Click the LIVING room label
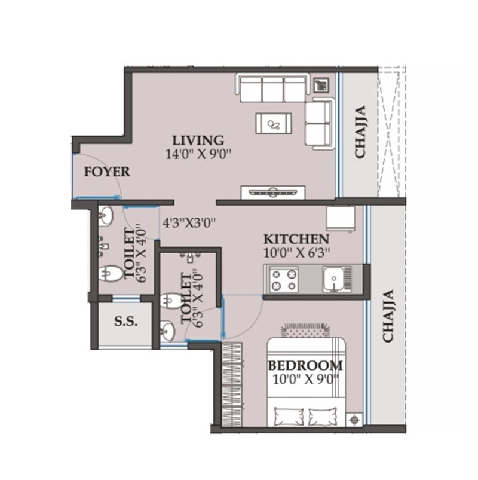pyautogui.click(x=198, y=140)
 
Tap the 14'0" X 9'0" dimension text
pyautogui.click(x=198, y=154)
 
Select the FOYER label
pyautogui.click(x=107, y=172)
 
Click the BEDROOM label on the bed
pyautogui.click(x=305, y=365)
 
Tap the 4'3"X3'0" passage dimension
pyautogui.click(x=189, y=223)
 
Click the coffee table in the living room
pyautogui.click(x=274, y=124)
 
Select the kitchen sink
pyautogui.click(x=333, y=279)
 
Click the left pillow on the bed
pyautogui.click(x=289, y=414)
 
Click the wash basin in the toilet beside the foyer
pyautogui.click(x=108, y=216)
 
